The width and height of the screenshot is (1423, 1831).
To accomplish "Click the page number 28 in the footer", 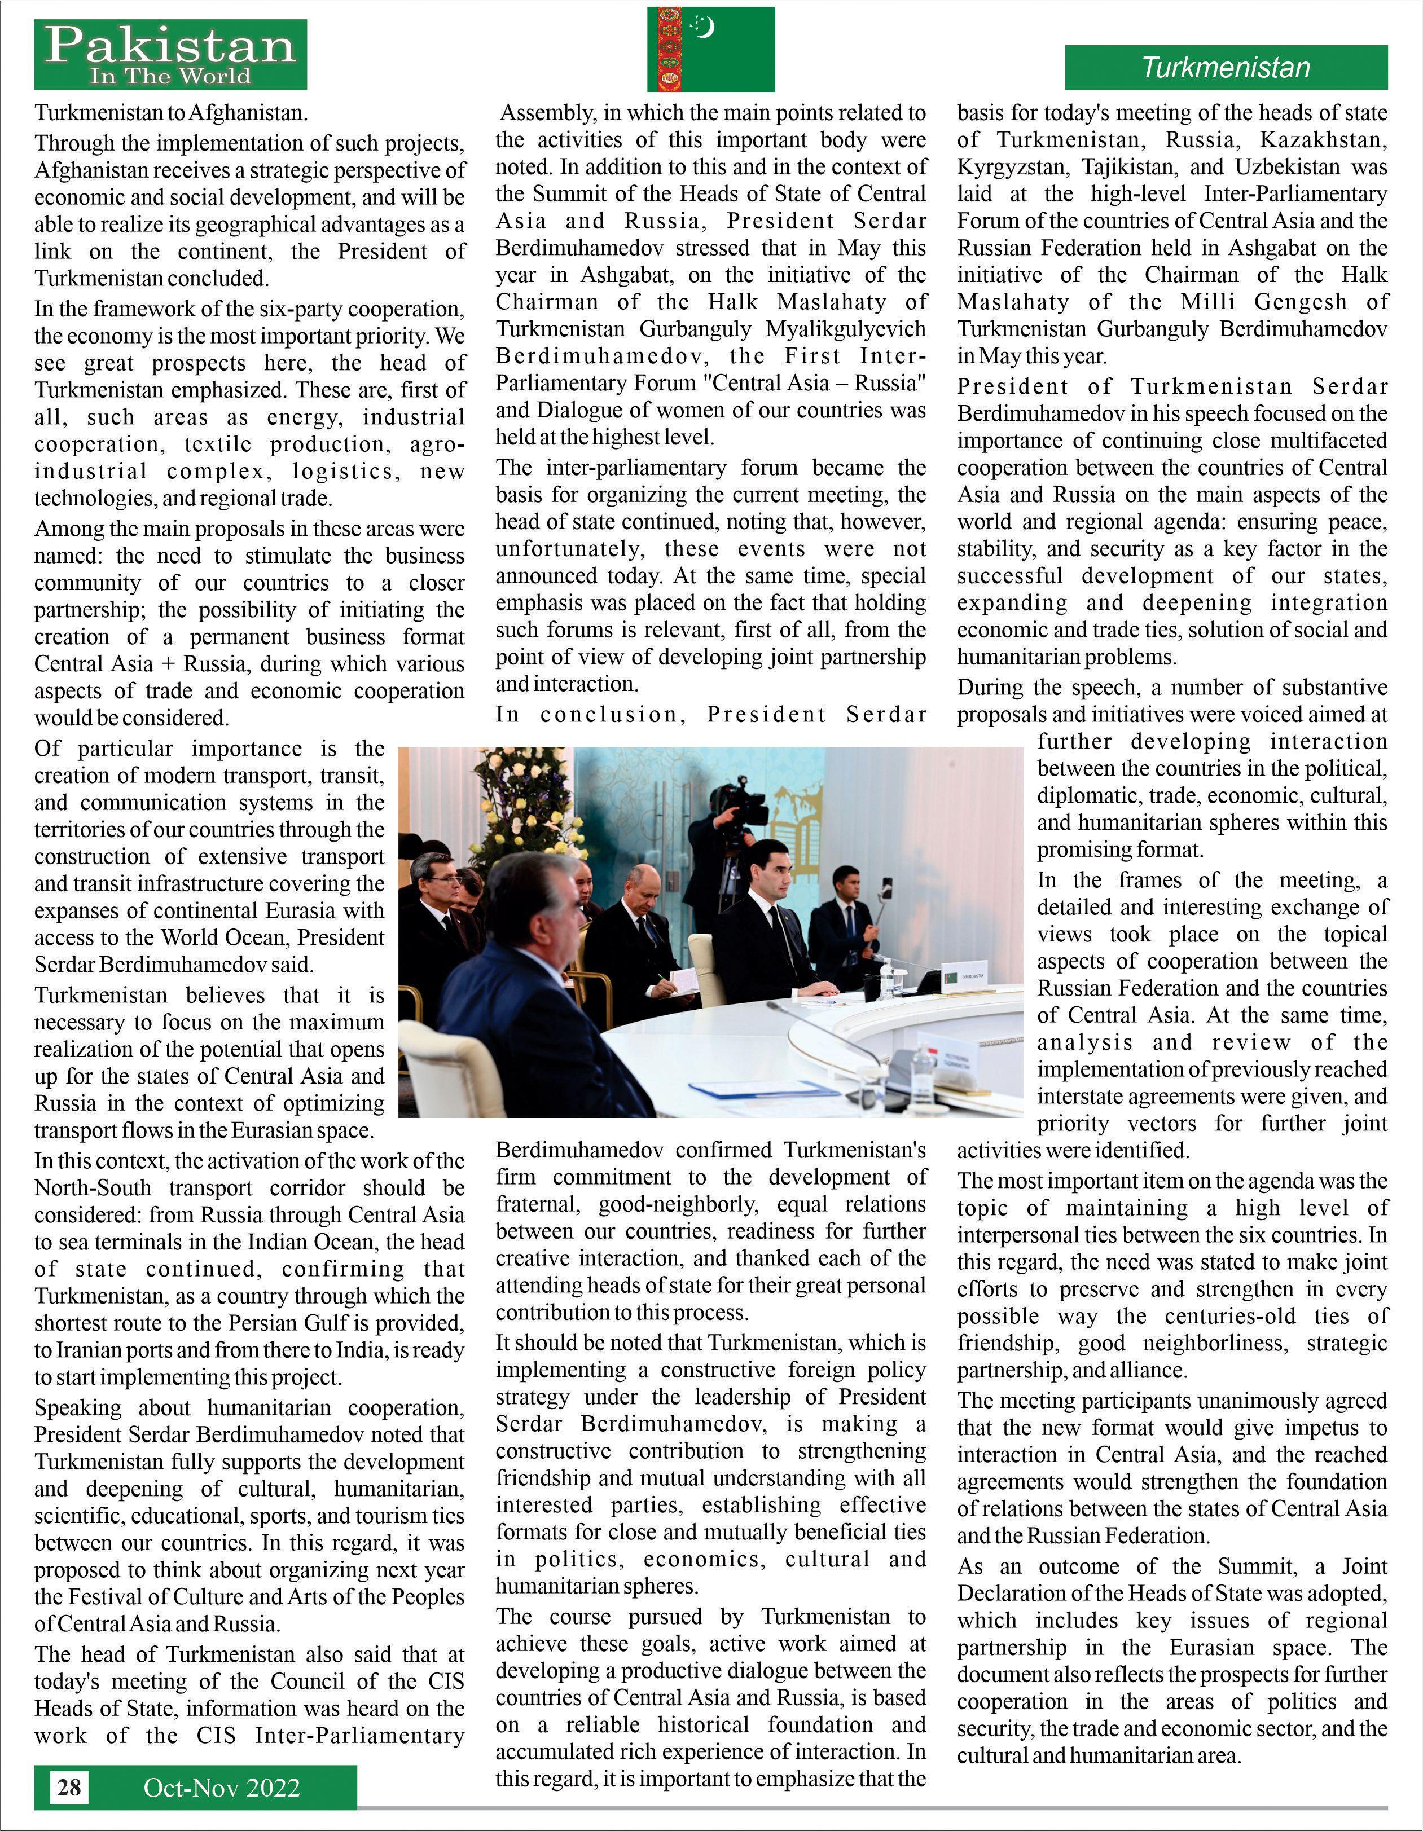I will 69,1788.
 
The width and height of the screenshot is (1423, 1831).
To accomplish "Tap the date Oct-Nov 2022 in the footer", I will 221,1788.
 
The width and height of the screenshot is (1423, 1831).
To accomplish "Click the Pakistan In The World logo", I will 170,55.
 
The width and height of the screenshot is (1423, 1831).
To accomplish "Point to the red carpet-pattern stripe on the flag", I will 668,49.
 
